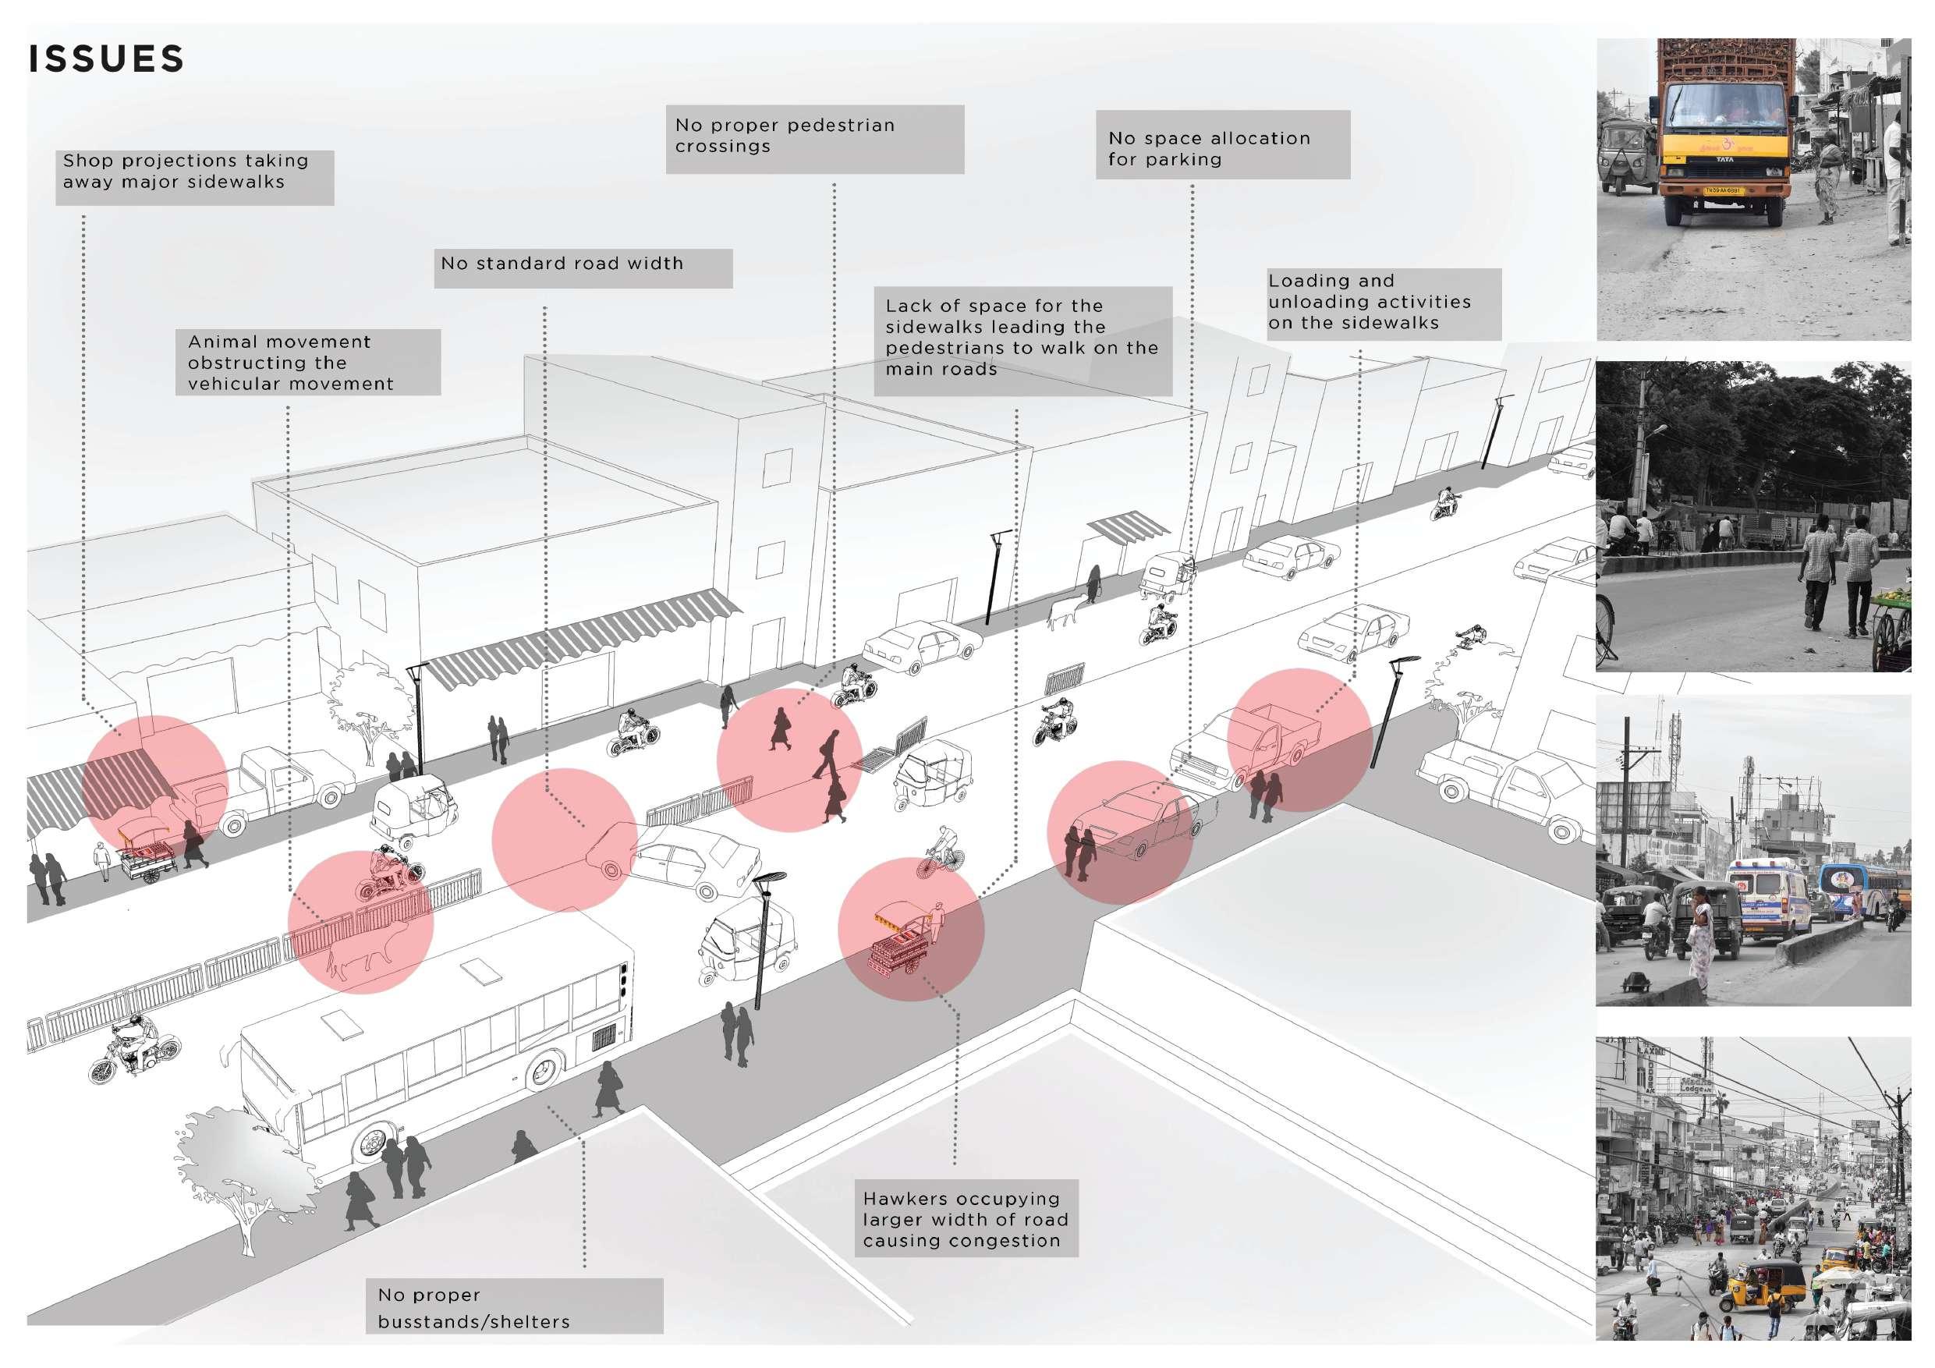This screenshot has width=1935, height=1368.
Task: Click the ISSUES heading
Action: pos(106,59)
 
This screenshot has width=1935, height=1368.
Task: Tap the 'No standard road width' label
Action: pos(583,268)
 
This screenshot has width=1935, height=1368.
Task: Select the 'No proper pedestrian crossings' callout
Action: pos(814,139)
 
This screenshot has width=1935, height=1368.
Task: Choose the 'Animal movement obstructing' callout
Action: pos(307,363)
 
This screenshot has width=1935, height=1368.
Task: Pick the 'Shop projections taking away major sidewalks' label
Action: pos(195,176)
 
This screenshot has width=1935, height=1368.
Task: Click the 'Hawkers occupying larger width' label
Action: pos(966,1219)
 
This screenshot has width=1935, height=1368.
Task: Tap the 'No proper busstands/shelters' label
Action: pos(514,1306)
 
